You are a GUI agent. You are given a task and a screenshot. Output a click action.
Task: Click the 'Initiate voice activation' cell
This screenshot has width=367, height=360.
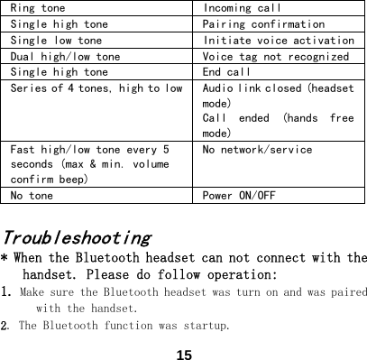pyautogui.click(x=279, y=41)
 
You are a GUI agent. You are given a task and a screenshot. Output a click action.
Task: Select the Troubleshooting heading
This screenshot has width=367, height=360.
pyautogui.click(x=78, y=239)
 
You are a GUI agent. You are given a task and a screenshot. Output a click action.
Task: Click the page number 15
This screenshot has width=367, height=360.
pyautogui.click(x=185, y=354)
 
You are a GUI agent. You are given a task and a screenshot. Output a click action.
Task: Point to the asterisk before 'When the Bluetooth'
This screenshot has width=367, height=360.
pyautogui.click(x=5, y=259)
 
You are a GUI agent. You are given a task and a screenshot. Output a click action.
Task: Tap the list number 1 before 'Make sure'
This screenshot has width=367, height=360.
pyautogui.click(x=5, y=292)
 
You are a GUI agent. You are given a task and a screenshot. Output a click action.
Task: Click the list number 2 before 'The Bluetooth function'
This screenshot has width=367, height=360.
pyautogui.click(x=5, y=324)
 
